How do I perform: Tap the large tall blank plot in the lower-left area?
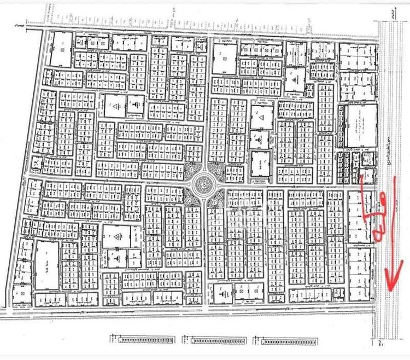point(48,265)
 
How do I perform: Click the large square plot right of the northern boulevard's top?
point(224,59)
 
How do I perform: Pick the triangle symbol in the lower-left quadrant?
point(116,236)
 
